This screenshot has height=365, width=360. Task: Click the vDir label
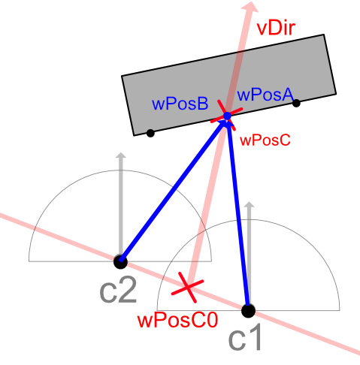coord(276,28)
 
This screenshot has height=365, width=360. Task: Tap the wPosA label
coord(265,95)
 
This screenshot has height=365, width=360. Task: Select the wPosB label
coord(180,104)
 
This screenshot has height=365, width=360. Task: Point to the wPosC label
coord(265,140)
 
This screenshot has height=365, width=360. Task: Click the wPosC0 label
coord(177,320)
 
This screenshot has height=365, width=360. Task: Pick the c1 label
coord(246,338)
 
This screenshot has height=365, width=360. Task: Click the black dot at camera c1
coord(248,311)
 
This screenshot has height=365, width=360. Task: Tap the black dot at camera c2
coord(120,261)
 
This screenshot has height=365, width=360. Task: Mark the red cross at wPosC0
coord(188,288)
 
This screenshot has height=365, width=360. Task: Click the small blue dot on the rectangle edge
coord(227,116)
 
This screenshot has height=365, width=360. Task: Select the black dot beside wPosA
coord(296,103)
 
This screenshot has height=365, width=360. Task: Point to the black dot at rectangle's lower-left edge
coord(150,133)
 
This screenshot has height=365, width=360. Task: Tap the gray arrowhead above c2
coord(121,155)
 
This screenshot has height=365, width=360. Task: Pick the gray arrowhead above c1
coord(250,204)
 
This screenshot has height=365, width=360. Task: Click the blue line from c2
coord(172,190)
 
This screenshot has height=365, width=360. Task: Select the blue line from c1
coord(238,216)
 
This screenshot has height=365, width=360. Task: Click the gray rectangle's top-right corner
coord(324,35)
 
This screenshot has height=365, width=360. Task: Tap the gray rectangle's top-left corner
coord(122,75)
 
